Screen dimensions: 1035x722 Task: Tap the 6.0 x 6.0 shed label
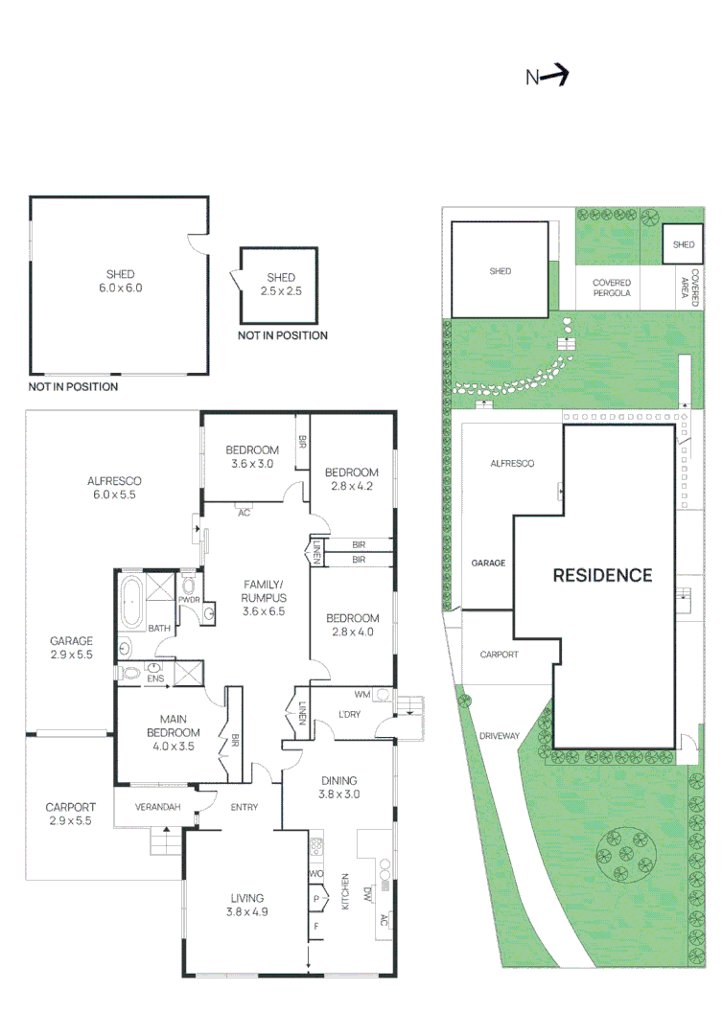(119, 282)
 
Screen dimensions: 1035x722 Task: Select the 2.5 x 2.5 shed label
(281, 284)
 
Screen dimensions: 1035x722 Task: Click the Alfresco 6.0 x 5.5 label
(115, 488)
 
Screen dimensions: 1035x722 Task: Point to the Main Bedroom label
(173, 725)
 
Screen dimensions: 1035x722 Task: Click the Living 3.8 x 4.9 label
(246, 905)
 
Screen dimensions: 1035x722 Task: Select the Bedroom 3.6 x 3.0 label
(252, 457)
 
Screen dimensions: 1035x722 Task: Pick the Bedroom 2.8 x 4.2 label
(351, 478)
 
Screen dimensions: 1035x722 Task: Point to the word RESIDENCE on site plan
(602, 575)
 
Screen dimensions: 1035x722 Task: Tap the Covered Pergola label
(611, 288)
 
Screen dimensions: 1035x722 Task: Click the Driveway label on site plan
(499, 736)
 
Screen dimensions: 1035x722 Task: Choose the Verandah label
(158, 807)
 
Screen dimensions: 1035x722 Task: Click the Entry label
(244, 807)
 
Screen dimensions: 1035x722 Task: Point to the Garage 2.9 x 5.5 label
(72, 648)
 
